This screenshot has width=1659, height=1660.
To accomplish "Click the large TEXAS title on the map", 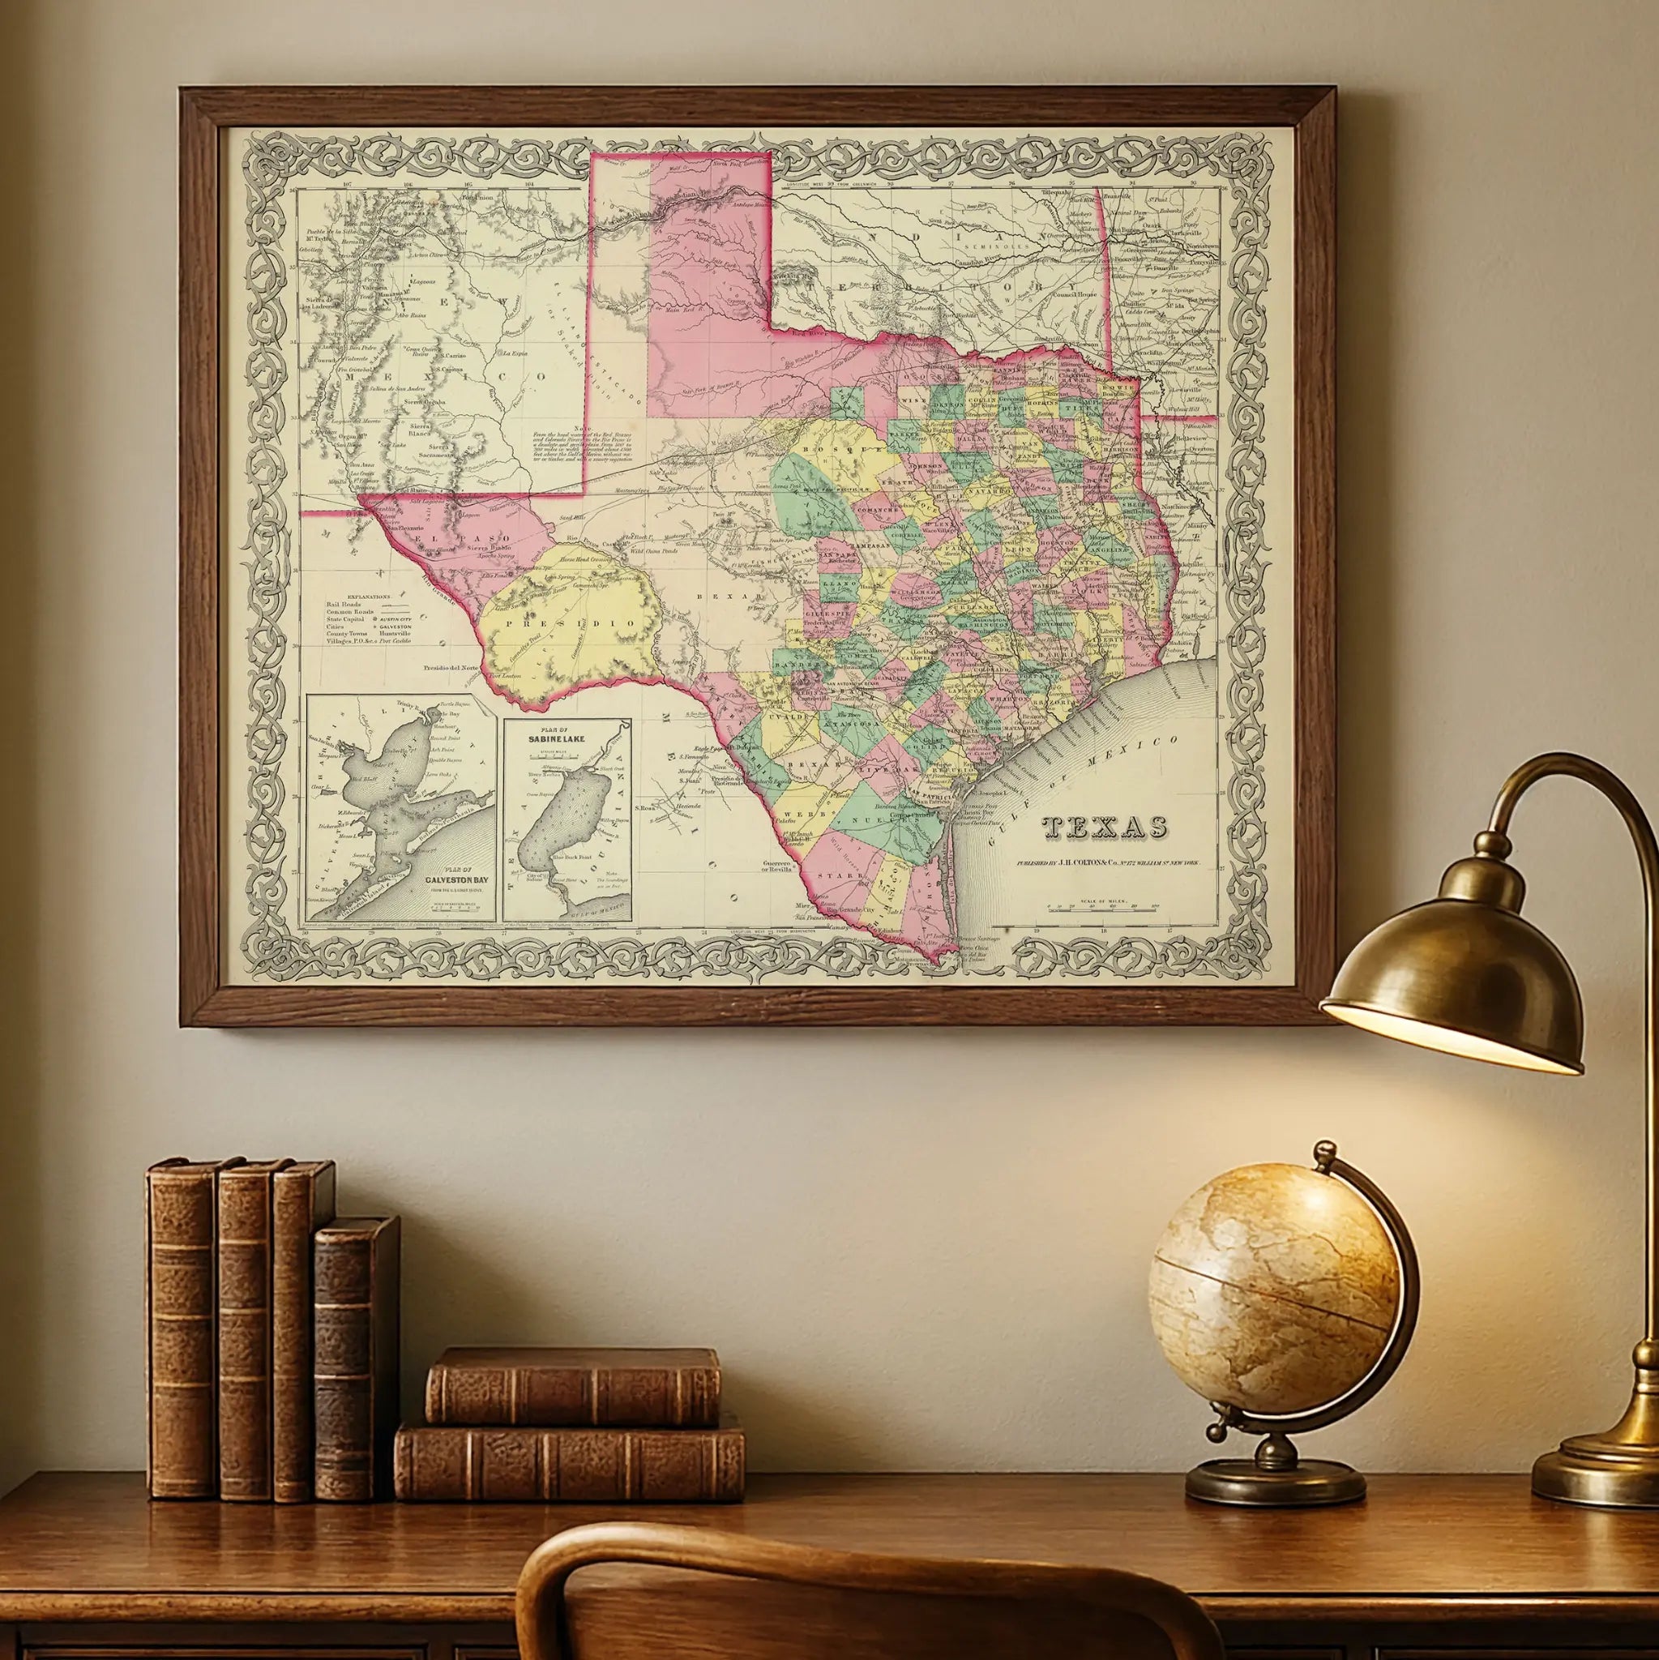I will point(1105,828).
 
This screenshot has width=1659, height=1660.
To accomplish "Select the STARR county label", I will point(848,875).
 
